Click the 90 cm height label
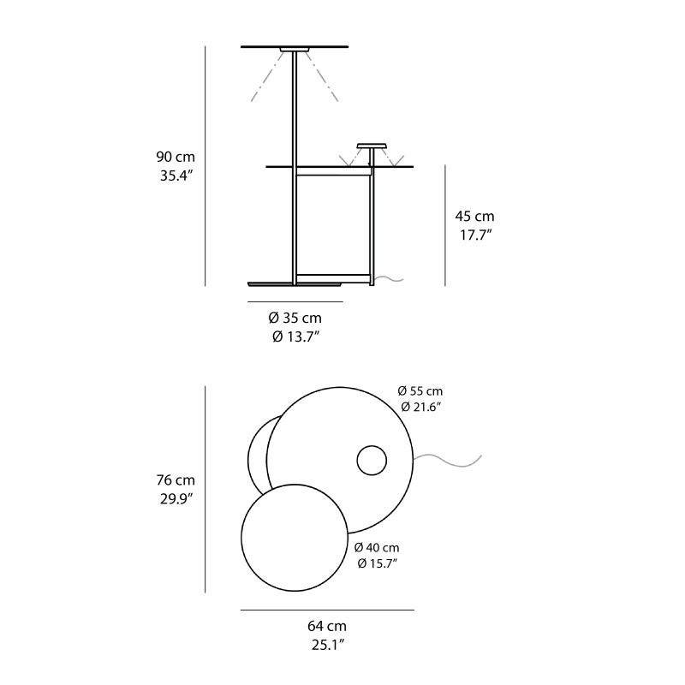(176, 158)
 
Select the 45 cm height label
(474, 217)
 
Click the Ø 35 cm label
(296, 318)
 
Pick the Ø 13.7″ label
(296, 337)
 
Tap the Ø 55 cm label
(421, 390)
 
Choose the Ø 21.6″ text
(421, 407)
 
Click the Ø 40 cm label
(377, 547)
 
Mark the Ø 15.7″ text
(377, 563)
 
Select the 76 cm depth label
(176, 480)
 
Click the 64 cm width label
(328, 627)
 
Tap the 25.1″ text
(328, 645)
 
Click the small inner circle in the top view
(372, 461)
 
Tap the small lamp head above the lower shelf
(371, 146)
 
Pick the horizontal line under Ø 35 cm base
(295, 302)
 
